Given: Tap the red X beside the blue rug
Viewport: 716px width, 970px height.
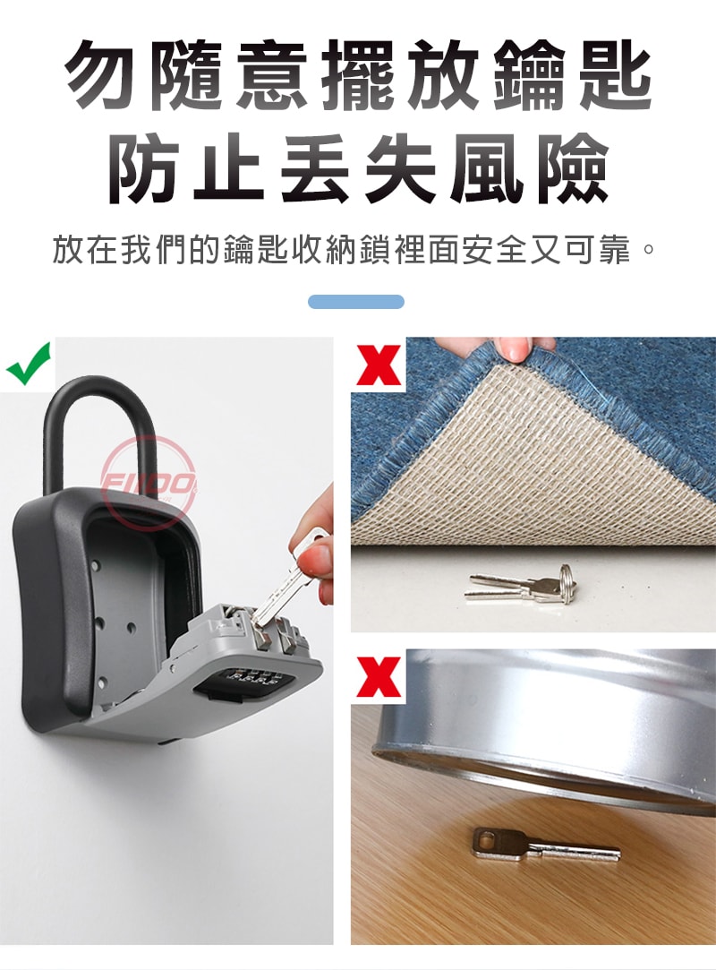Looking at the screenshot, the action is pyautogui.click(x=378, y=365).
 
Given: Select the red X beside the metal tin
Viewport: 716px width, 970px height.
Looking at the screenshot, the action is pyautogui.click(x=378, y=677).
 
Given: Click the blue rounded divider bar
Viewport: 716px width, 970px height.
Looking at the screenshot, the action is pyautogui.click(x=356, y=302).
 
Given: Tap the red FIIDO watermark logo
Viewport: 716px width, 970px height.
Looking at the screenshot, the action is pyautogui.click(x=149, y=483).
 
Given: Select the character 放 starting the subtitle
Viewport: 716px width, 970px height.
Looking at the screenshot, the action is pyautogui.click(x=69, y=250).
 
